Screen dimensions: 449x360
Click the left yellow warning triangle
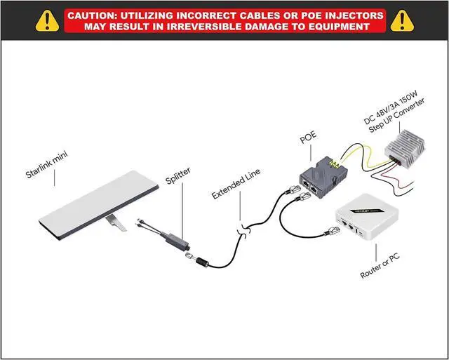coord(47,20)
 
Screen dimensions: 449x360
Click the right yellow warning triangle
coord(401,20)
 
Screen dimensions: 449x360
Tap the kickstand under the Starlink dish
coord(116,224)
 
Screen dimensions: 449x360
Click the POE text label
coord(309,137)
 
